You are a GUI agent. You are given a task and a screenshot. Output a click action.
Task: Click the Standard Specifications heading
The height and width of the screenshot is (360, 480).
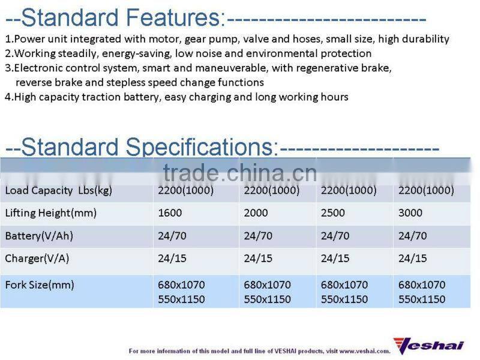click(x=142, y=147)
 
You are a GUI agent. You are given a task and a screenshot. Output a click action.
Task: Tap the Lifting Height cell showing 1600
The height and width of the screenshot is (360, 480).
click(x=170, y=213)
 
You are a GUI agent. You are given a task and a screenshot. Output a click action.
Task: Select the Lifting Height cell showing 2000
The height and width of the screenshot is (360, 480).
click(x=256, y=213)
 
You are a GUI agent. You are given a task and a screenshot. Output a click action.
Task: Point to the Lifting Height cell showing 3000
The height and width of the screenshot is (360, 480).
click(x=410, y=213)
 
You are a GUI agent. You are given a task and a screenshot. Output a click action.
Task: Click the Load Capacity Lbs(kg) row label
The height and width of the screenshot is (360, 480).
click(x=58, y=191)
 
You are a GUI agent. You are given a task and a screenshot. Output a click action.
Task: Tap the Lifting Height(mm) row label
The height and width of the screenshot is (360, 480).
click(x=50, y=213)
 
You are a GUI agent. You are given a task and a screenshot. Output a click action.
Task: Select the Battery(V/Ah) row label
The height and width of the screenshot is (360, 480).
click(x=39, y=236)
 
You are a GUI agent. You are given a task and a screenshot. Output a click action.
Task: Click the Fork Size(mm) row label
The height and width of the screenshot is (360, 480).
click(x=40, y=285)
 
